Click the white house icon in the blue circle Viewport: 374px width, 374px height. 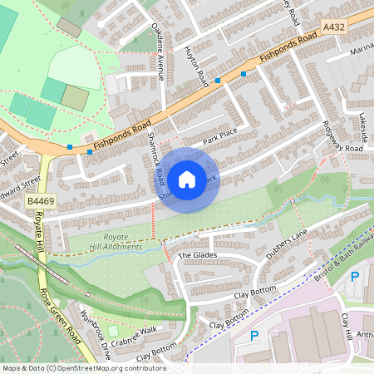[187, 179]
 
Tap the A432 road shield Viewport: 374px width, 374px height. [333, 27]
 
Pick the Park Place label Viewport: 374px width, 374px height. [219, 136]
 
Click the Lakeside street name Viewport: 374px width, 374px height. [362, 125]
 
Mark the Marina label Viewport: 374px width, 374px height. [362, 48]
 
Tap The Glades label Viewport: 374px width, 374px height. [196, 255]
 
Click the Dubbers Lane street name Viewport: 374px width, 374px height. [287, 242]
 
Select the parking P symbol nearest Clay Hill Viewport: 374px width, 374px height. [355, 277]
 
